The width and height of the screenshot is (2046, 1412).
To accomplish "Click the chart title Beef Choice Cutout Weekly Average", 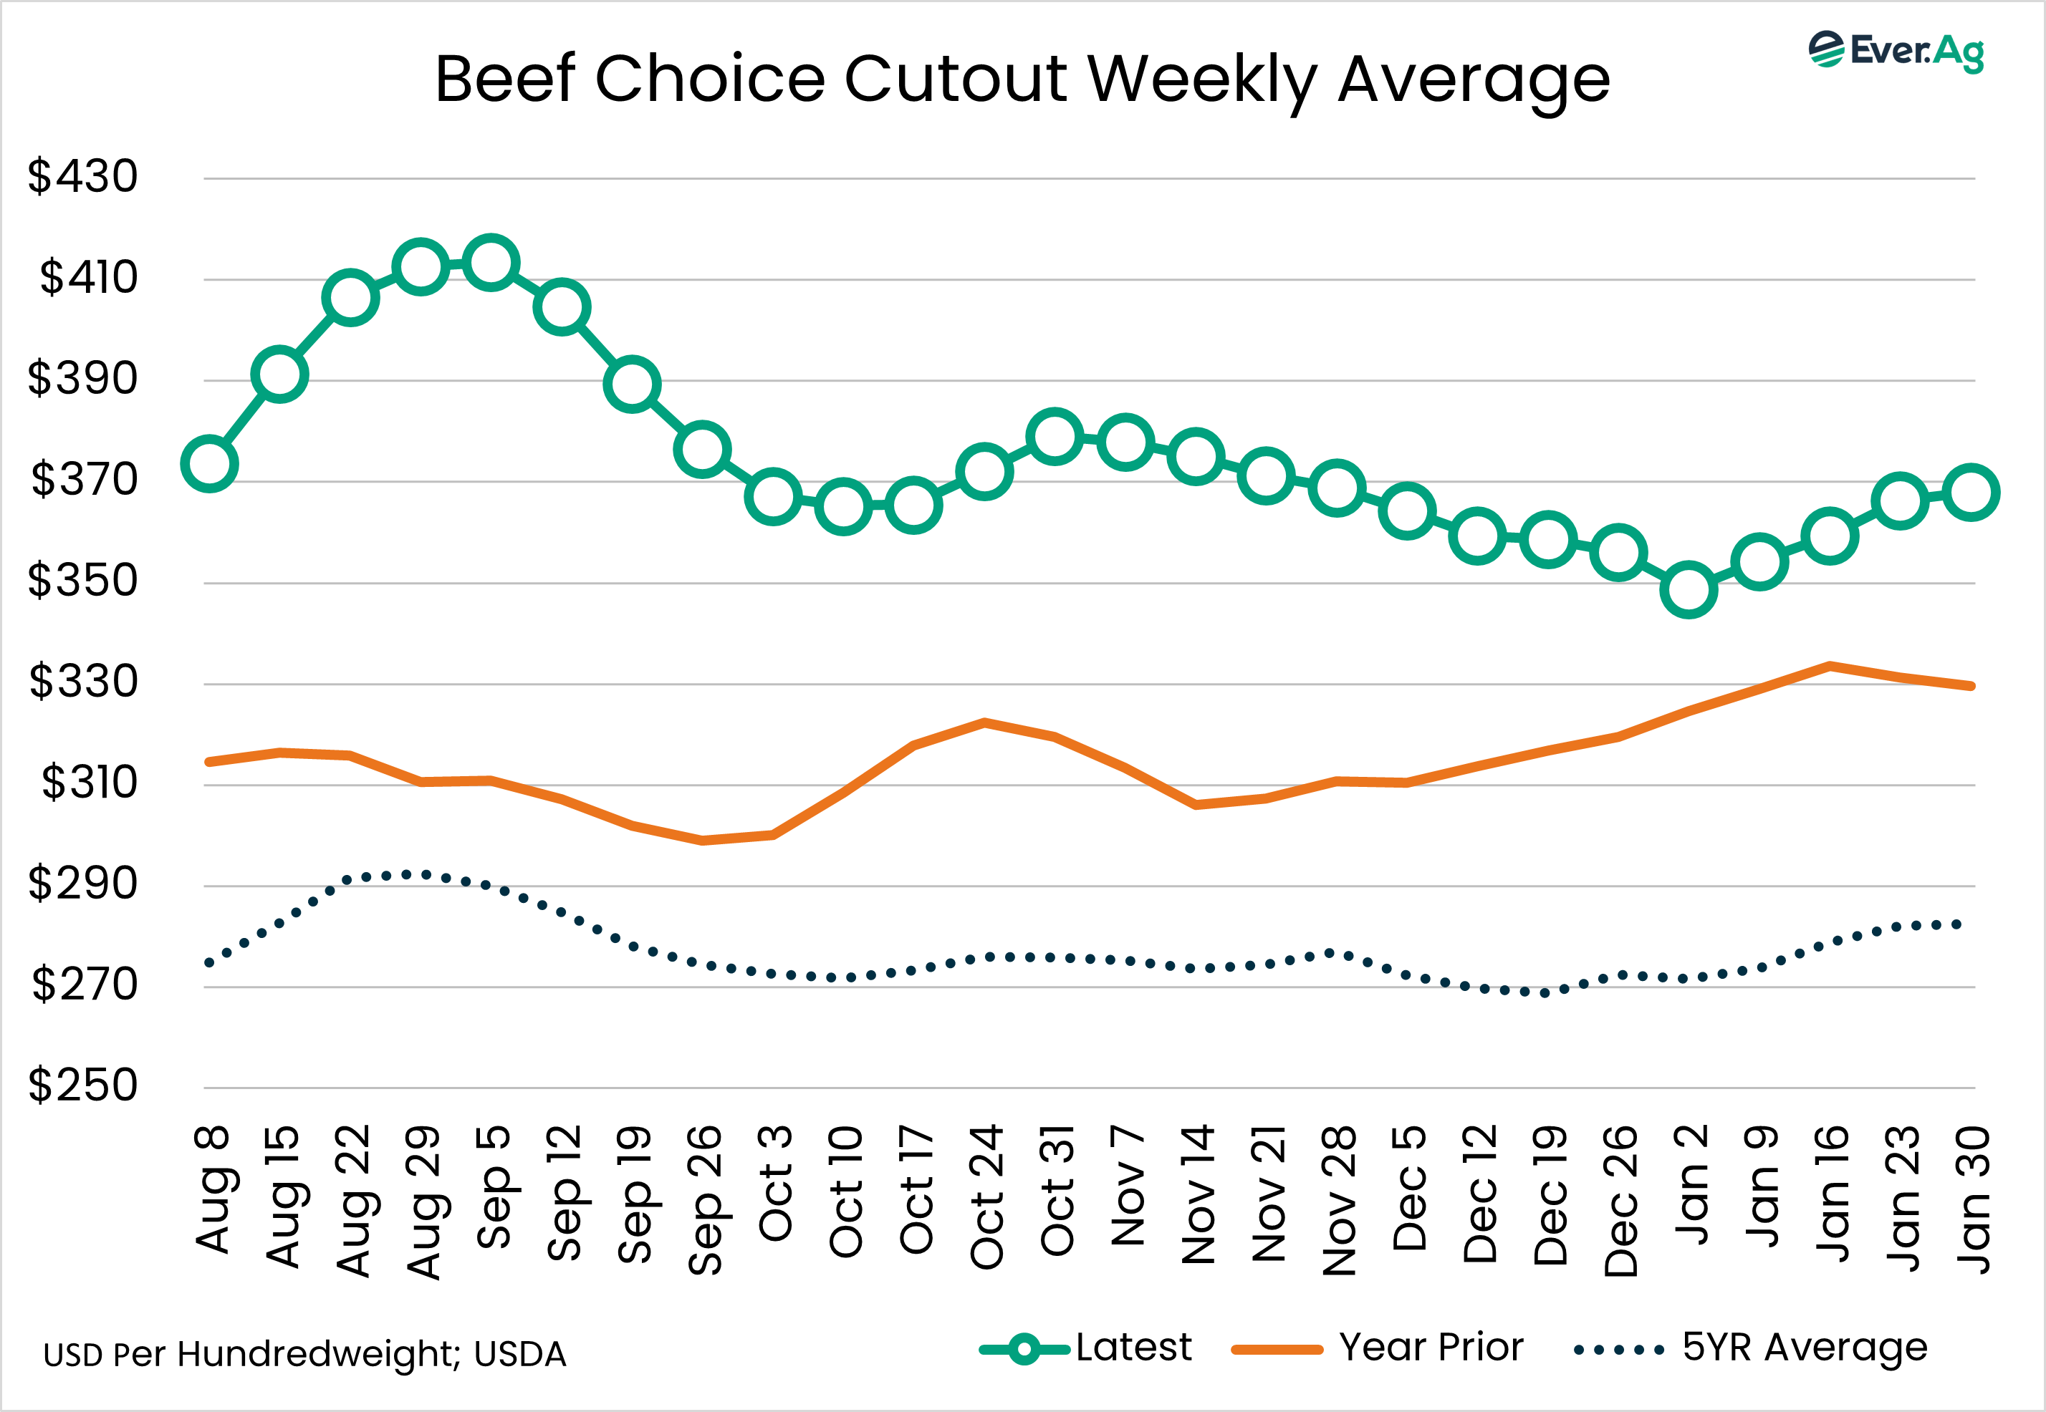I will [x=1022, y=79].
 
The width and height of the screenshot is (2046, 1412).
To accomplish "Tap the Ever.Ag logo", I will [x=1896, y=52].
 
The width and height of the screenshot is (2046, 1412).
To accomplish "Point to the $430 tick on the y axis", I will [x=82, y=176].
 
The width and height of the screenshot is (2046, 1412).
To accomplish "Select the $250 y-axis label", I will [x=82, y=1085].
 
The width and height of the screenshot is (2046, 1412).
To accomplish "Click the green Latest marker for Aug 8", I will [x=209, y=463].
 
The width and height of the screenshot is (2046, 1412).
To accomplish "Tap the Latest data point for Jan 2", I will [x=1689, y=589].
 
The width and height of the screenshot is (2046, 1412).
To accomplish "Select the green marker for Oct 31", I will [x=1054, y=436].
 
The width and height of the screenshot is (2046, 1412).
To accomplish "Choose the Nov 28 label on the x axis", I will [x=1338, y=1199].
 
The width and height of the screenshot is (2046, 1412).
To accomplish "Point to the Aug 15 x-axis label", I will [x=282, y=1196].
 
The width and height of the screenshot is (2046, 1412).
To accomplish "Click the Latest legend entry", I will [x=1087, y=1348].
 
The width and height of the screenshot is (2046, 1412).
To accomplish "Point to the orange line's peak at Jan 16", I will [x=1829, y=665].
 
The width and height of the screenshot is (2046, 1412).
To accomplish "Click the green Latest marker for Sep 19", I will [x=632, y=384].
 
